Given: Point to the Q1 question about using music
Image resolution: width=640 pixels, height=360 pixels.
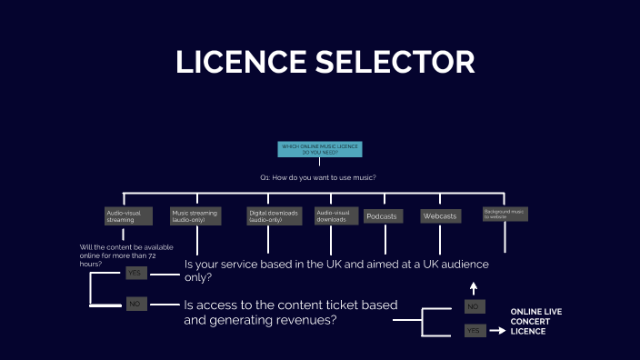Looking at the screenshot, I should [x=317, y=176].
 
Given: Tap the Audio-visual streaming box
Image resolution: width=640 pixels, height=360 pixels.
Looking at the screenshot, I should [x=123, y=216].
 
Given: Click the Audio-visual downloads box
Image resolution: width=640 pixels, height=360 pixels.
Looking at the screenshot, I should [x=332, y=216].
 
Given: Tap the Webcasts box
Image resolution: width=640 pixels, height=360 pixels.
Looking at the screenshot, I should [x=440, y=216].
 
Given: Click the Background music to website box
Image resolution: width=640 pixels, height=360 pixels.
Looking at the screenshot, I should [x=505, y=215].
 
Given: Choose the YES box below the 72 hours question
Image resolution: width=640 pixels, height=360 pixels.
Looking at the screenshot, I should [x=136, y=273].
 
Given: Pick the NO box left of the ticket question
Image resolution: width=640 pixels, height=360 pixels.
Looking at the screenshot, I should [x=136, y=304].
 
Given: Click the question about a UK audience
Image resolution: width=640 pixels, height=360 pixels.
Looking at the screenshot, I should [x=336, y=271].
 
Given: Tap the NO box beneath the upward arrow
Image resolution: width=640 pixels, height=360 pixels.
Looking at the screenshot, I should [x=475, y=307].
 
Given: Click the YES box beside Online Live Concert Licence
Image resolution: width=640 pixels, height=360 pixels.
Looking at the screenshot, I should [x=475, y=331].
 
